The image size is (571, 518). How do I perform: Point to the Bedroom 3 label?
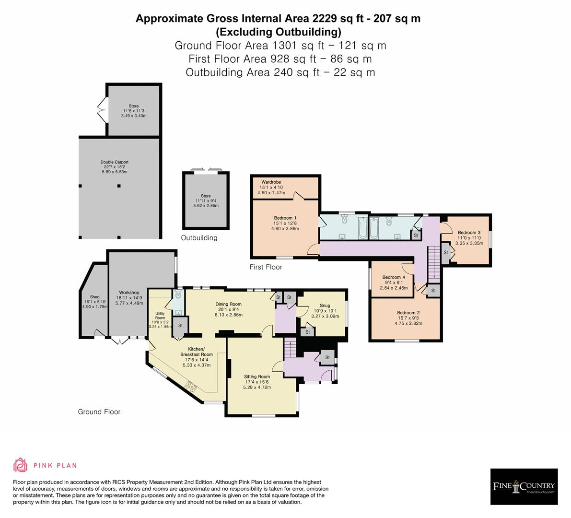click(466, 233)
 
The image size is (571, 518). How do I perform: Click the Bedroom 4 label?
click(393, 277)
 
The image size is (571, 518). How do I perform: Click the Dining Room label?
click(228, 304)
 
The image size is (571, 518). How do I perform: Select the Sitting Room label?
click(256, 377)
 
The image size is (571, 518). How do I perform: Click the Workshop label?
click(129, 293)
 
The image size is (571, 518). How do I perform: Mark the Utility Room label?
click(160, 316)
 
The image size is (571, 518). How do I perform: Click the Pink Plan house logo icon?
click(21, 465)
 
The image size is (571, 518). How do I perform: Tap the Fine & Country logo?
click(524, 486)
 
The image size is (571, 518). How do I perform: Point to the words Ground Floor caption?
click(99, 412)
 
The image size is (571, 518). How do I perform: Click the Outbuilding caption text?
click(199, 238)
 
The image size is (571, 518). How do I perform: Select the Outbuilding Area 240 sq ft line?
click(280, 72)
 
